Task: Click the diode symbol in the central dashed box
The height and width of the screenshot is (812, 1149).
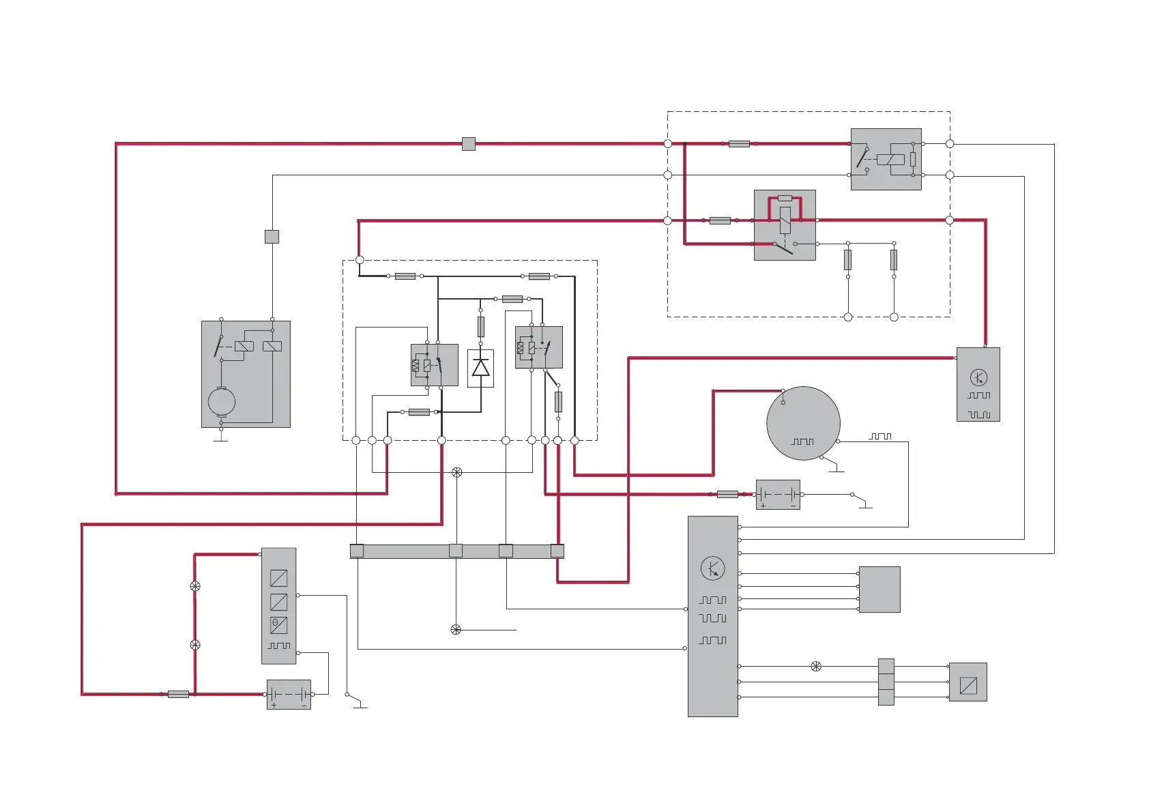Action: click(480, 368)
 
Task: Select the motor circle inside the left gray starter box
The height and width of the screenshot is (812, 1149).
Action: click(221, 401)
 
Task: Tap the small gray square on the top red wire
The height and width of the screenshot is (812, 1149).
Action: click(468, 144)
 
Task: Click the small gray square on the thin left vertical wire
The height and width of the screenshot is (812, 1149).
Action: click(272, 237)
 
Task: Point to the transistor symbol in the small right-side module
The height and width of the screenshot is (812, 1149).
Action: click(978, 377)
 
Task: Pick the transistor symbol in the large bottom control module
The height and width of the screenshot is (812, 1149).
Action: click(712, 568)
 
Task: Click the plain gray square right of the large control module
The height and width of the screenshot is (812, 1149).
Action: click(879, 589)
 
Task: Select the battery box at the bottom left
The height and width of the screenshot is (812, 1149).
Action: click(289, 695)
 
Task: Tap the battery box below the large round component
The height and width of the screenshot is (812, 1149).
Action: click(778, 495)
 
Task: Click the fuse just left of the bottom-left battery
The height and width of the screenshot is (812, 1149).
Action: click(178, 694)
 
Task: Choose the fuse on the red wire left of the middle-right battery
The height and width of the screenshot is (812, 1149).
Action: click(727, 494)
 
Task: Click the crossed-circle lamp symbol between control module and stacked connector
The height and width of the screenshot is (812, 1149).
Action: click(815, 667)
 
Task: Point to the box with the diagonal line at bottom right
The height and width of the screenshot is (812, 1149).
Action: click(968, 682)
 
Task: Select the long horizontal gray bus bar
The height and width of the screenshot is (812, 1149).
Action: click(456, 551)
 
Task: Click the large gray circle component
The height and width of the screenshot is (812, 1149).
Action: click(803, 423)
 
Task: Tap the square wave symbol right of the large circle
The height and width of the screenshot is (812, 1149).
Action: click(880, 436)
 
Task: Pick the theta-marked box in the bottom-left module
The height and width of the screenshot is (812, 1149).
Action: click(278, 625)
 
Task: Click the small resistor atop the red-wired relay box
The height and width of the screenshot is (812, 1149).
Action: click(785, 199)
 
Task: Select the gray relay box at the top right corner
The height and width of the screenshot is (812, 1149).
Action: click(886, 159)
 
